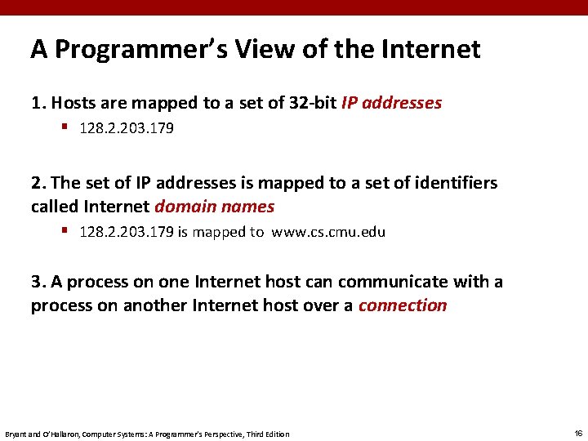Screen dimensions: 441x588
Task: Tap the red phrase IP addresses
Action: (x=391, y=103)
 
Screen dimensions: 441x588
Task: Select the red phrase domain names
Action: (x=215, y=207)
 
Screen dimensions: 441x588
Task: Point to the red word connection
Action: (x=403, y=305)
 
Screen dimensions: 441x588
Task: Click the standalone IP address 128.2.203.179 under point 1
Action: (x=127, y=129)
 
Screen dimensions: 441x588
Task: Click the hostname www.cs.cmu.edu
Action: (x=328, y=232)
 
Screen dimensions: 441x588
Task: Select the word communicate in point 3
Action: (x=388, y=282)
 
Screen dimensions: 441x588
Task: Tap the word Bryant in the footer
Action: (x=16, y=434)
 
